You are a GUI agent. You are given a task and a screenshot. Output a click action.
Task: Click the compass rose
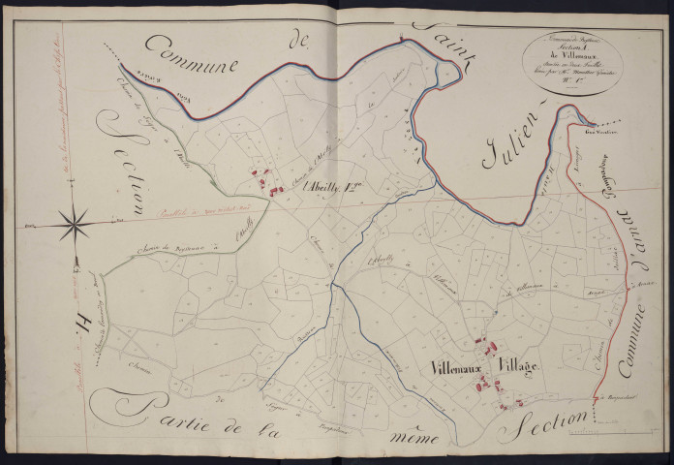click(x=73, y=225)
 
